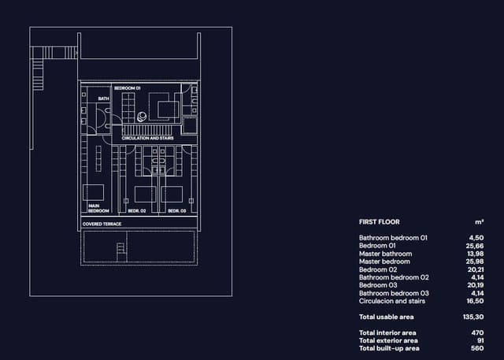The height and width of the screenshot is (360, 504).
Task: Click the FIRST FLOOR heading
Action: (x=380, y=222)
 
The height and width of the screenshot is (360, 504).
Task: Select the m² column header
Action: (x=478, y=222)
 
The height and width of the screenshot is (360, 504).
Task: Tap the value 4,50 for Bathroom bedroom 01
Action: (x=476, y=237)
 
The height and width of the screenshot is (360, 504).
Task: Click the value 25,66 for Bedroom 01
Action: (x=474, y=246)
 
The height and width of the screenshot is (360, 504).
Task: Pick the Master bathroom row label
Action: (x=385, y=254)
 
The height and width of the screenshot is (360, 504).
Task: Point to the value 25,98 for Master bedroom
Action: (x=474, y=262)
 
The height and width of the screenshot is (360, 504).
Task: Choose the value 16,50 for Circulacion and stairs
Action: (x=474, y=301)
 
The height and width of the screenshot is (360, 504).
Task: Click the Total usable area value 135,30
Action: (x=472, y=317)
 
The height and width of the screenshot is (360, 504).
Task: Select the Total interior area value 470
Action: (x=477, y=333)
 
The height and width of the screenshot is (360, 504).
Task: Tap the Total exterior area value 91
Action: (x=480, y=340)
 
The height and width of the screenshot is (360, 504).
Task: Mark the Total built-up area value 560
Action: (x=477, y=348)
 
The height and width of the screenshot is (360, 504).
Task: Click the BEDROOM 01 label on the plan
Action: (x=127, y=88)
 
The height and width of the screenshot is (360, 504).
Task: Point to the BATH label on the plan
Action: (x=103, y=98)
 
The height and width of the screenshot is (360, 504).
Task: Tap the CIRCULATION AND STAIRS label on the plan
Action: (x=148, y=138)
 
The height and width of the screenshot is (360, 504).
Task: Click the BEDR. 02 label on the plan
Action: (x=137, y=211)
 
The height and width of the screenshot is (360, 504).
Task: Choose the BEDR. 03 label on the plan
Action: (x=176, y=211)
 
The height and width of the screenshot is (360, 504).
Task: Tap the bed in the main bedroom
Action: (x=94, y=193)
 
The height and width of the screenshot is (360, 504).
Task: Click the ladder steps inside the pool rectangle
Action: (x=120, y=251)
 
